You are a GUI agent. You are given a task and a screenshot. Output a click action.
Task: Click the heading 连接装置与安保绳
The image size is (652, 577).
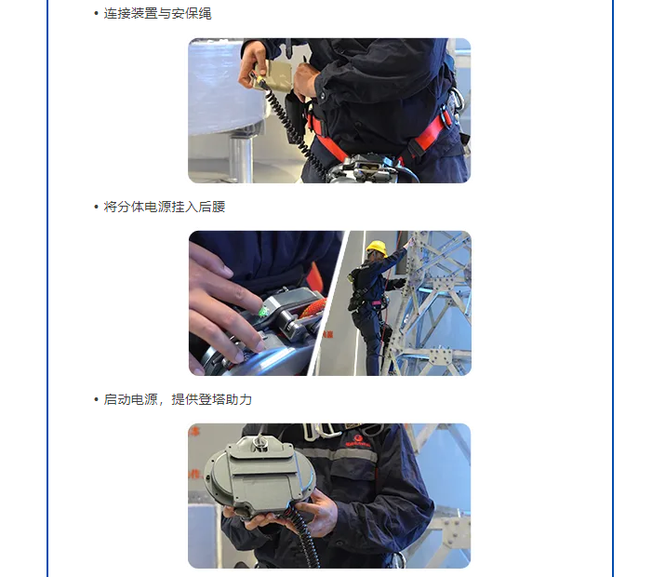[x=157, y=14]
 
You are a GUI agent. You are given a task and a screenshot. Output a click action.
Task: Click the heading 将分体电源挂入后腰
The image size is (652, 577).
[x=165, y=207]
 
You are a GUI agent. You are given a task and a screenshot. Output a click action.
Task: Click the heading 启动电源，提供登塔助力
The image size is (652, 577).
[x=178, y=399]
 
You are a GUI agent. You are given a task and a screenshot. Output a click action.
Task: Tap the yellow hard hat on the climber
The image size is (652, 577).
[x=377, y=248]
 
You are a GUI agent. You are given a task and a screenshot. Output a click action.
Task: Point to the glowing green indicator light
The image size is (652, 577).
[x=263, y=311]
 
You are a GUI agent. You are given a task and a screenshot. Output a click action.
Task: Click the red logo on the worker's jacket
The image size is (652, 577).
[x=357, y=441]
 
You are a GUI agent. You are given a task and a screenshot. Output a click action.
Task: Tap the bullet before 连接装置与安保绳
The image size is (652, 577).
[x=96, y=14]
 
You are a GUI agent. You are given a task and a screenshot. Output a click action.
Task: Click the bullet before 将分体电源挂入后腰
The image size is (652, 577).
[x=96, y=207]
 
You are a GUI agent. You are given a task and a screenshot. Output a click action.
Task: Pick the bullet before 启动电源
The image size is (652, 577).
[x=96, y=399]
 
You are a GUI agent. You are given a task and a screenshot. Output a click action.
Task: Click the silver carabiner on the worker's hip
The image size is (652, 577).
[x=456, y=102]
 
